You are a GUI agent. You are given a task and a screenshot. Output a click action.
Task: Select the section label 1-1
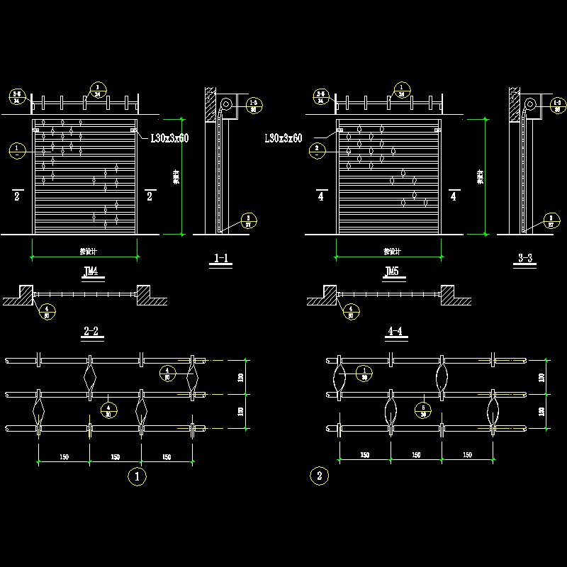(221, 259)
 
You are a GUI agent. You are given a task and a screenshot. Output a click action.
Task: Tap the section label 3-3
(525, 258)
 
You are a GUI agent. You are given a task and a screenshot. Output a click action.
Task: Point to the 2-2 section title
(91, 331)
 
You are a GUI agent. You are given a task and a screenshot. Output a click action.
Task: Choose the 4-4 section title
(395, 331)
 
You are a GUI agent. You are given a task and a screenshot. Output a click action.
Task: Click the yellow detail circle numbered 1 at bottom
(136, 477)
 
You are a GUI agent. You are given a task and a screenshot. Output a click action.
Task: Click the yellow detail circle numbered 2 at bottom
(319, 476)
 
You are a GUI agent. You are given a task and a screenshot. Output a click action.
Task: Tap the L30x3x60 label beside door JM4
(169, 139)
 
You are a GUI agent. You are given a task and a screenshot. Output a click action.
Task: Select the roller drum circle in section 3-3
(529, 105)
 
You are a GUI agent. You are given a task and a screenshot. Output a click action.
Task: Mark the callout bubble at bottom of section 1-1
(248, 220)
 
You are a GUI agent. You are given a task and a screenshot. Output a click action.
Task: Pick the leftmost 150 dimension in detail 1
(64, 457)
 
